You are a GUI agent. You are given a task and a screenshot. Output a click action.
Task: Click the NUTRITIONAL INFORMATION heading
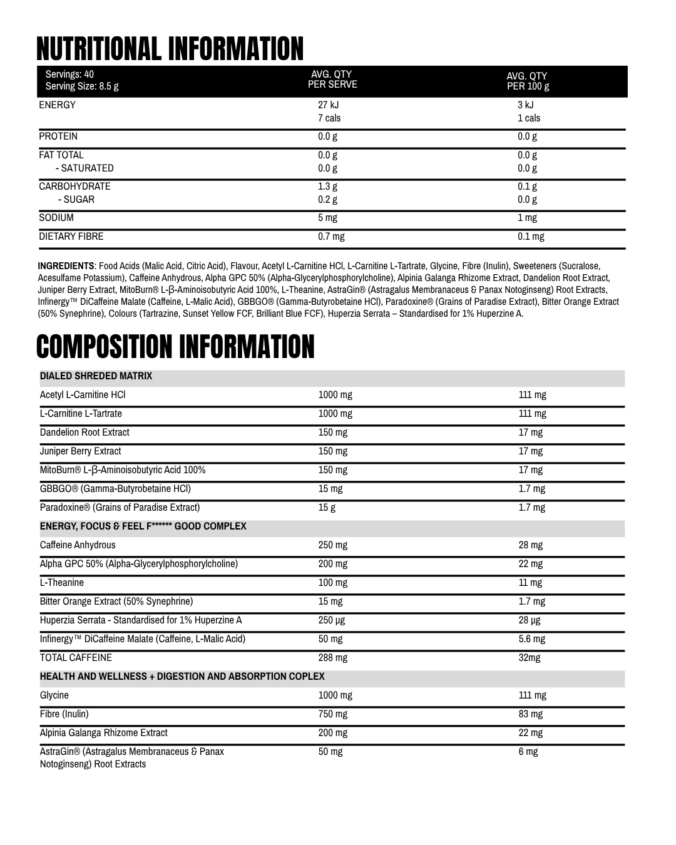tap(170, 49)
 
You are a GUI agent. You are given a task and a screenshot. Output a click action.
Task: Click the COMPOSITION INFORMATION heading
tap(175, 347)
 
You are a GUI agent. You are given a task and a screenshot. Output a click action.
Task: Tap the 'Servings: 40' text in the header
tap(69, 74)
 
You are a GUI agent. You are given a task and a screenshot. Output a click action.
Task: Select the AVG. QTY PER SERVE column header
tap(332, 79)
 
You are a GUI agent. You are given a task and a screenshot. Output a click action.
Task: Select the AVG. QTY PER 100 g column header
tap(528, 81)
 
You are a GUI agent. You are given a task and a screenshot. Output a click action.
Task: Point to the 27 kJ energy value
tap(328, 105)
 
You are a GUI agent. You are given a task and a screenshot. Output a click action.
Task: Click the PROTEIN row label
tap(58, 136)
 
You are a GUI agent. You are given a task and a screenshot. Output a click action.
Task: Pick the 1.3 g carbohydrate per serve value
tap(327, 187)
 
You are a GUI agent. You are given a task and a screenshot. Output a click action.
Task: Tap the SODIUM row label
tap(56, 218)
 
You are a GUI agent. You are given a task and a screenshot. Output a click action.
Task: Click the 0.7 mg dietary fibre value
tap(331, 237)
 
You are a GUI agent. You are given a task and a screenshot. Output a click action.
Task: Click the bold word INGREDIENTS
tap(66, 266)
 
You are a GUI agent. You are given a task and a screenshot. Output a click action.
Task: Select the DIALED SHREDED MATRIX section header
tap(96, 376)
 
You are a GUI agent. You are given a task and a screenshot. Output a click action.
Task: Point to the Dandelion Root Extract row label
tap(84, 433)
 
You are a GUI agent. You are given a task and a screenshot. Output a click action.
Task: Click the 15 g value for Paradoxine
tap(327, 508)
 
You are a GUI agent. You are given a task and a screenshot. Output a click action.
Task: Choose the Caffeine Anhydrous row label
tap(78, 545)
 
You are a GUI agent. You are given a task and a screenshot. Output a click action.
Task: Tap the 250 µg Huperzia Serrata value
tap(331, 620)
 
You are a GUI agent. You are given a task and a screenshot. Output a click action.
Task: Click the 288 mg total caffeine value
tap(332, 658)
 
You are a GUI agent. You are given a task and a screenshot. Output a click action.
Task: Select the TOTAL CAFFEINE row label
tap(76, 658)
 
